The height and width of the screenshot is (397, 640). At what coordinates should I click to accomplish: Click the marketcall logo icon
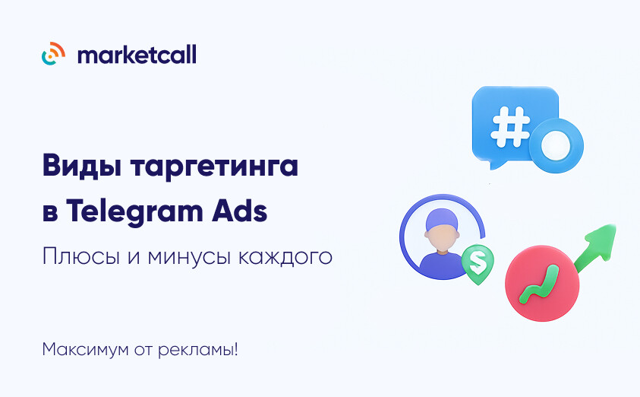tap(53, 53)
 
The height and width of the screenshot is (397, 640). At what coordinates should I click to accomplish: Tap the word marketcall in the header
tap(137, 54)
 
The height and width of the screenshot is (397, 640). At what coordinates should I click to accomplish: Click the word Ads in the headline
tap(239, 211)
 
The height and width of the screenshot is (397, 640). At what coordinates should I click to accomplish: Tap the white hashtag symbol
tap(511, 127)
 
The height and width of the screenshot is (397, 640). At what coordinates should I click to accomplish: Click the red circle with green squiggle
tap(542, 283)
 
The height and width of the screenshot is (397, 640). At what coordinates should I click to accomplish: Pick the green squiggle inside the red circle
tap(539, 284)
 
